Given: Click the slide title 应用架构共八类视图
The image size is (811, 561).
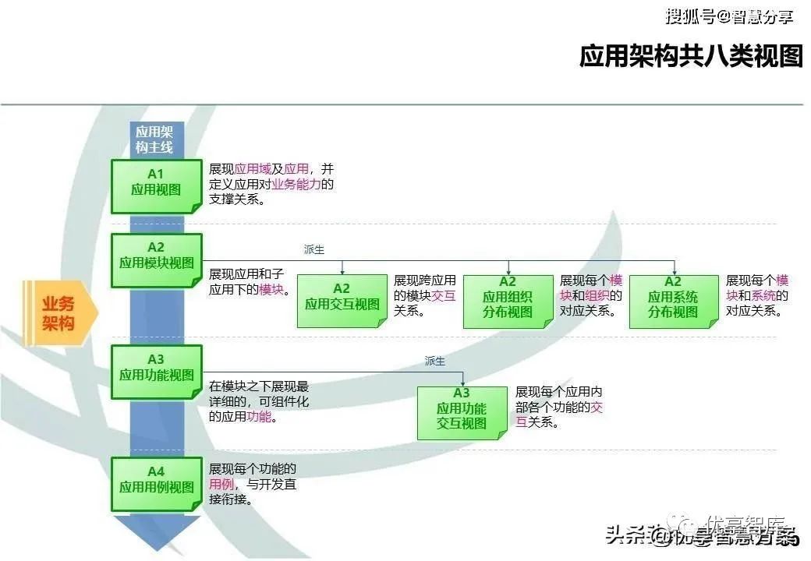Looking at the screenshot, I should [690, 57].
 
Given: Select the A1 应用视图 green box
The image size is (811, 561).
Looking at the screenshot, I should [156, 185].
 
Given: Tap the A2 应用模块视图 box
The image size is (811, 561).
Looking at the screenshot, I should [156, 259].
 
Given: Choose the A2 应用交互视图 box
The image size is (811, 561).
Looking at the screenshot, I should [342, 300].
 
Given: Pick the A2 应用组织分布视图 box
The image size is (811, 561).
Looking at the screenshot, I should [508, 300].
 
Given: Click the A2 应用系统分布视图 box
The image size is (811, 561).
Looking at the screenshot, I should [673, 300].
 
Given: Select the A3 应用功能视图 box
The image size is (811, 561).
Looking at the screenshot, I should [156, 371].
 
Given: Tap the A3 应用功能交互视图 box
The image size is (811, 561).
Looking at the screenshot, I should [462, 412].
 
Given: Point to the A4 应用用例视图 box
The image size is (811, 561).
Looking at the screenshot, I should [156, 483].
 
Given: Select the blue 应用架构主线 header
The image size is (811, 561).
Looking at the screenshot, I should [154, 139].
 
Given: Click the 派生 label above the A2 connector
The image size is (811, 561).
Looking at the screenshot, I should [313, 249].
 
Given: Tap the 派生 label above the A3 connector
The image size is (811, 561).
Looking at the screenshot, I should [434, 361].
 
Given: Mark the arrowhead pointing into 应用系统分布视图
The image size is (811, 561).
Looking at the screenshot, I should [675, 271].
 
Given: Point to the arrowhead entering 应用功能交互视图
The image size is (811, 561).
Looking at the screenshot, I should [466, 383].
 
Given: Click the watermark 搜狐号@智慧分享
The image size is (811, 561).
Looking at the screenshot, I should [728, 16].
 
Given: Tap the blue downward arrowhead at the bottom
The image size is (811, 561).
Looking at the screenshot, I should [157, 534].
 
